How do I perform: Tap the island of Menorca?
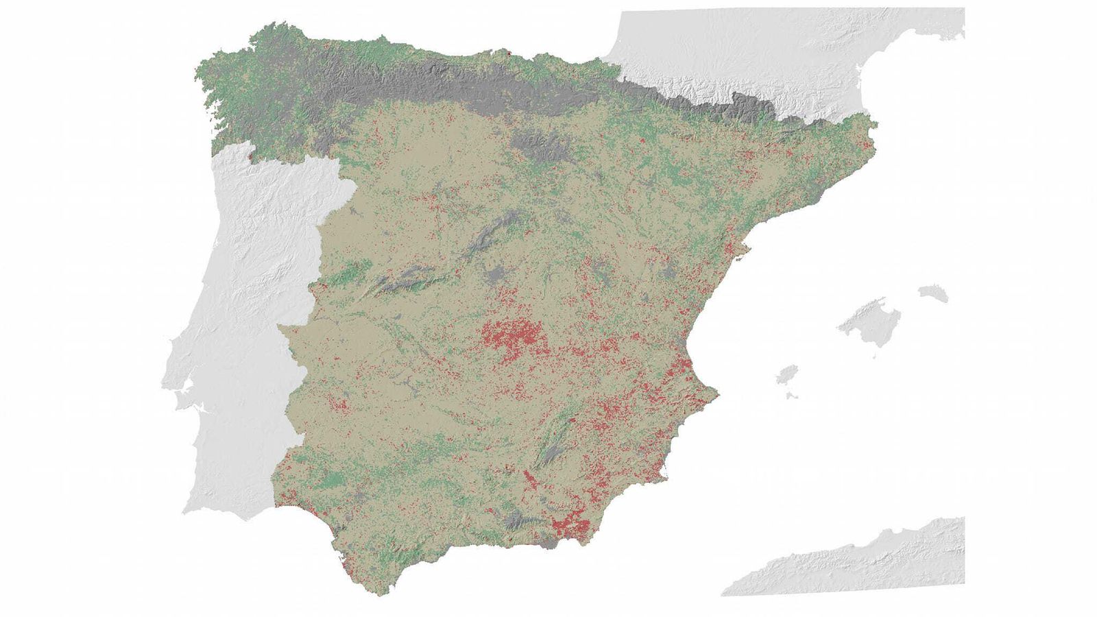point(934,293)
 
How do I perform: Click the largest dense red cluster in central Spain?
point(511,336)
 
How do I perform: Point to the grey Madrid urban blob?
point(495,276)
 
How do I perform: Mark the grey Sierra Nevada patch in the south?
point(518,524)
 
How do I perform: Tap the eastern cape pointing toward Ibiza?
point(716,393)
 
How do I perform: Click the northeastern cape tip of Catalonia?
point(873,125)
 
